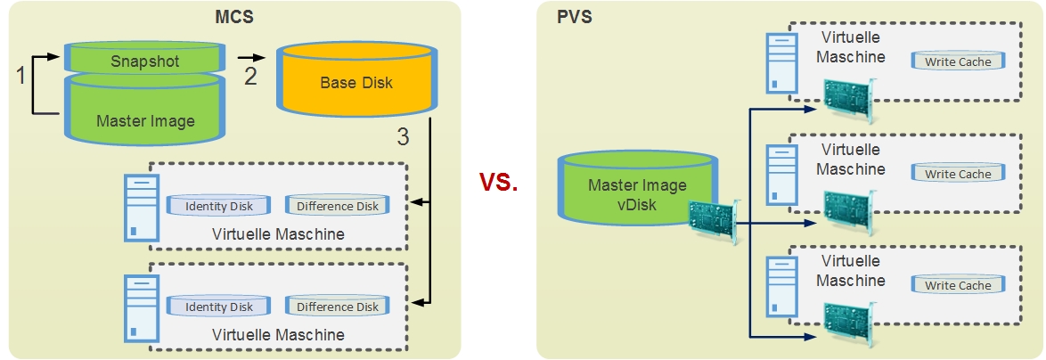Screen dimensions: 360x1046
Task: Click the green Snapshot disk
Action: tap(144, 61)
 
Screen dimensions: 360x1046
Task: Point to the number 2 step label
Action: tap(250, 76)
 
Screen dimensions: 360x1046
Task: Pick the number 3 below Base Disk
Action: tap(404, 137)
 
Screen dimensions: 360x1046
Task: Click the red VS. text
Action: tap(499, 182)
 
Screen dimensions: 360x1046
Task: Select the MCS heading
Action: tap(233, 15)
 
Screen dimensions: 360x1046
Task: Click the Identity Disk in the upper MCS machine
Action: tap(219, 206)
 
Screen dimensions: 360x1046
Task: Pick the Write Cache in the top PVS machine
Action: tap(958, 61)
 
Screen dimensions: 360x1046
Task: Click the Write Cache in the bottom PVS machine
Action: tap(958, 285)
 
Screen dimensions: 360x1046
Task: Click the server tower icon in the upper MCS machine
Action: tap(142, 207)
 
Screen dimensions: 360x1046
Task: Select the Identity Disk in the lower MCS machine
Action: tap(219, 307)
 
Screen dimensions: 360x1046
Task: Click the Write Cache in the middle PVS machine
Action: tap(958, 174)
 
